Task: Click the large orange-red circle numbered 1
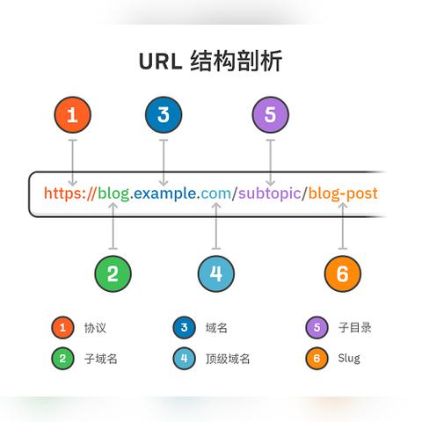[x=72, y=114]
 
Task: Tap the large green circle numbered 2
[x=113, y=273]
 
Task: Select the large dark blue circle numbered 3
[x=164, y=114]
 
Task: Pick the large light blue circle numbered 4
[x=216, y=273]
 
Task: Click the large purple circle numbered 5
[x=270, y=114]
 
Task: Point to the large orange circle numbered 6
[x=342, y=273]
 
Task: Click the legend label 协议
[x=95, y=328]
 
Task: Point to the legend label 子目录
[x=354, y=328]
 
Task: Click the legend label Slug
[x=348, y=358]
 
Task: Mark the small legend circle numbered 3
[x=184, y=328]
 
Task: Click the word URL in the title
[x=160, y=62]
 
